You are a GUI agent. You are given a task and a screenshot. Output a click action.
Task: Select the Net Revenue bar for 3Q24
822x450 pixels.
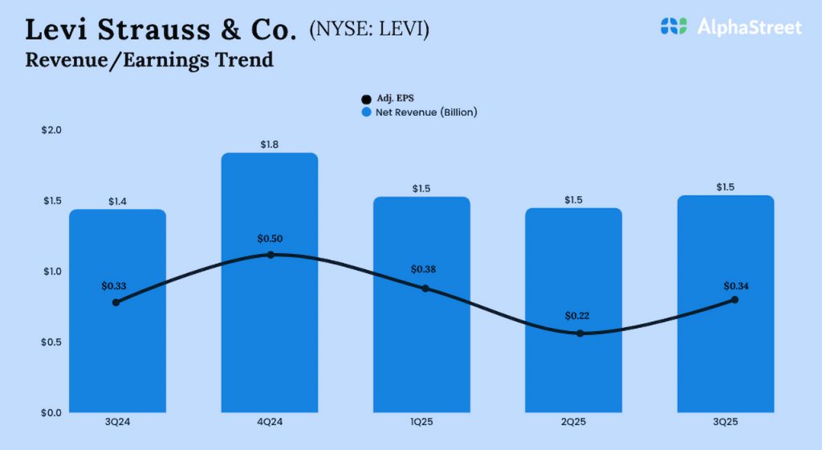(117, 362)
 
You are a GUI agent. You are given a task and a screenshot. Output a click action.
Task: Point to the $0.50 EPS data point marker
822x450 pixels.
(271, 255)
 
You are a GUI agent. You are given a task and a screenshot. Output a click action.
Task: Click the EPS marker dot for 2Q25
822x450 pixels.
(580, 333)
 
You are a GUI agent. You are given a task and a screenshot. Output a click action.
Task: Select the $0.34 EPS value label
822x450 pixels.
(736, 285)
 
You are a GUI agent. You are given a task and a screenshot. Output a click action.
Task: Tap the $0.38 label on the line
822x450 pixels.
(425, 269)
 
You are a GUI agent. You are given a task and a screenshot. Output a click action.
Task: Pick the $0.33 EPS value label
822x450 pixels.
(115, 285)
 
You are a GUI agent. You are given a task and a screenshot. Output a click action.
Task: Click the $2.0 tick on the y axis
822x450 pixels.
(51, 130)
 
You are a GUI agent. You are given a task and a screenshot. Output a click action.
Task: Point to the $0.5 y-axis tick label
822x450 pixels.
(51, 342)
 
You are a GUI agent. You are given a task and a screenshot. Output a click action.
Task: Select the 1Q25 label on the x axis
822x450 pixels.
(422, 420)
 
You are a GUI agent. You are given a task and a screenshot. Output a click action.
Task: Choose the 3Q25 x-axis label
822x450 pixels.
(726, 420)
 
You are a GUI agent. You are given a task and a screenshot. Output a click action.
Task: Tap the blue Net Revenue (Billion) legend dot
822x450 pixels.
(367, 112)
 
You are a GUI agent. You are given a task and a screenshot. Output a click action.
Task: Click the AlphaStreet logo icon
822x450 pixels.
(673, 27)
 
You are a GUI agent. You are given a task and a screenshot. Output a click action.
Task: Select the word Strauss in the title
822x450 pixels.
(155, 31)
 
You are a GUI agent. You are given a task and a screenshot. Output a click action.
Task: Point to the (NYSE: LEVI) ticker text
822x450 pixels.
(368, 31)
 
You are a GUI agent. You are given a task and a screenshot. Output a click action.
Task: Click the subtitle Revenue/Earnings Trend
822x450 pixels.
(149, 59)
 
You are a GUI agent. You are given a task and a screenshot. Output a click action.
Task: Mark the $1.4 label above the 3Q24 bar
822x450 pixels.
(117, 202)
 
